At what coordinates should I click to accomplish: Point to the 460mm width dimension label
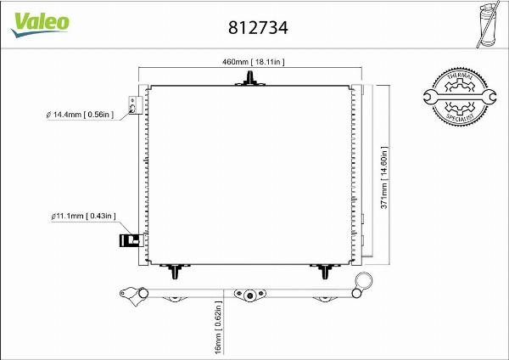(252, 61)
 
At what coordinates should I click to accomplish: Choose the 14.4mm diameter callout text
(81, 113)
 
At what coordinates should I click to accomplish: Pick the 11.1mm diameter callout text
(83, 218)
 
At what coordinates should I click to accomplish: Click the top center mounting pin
(251, 79)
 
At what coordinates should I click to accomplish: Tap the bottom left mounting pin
(175, 271)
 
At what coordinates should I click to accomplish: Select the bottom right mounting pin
(326, 271)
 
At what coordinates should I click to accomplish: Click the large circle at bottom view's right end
(364, 281)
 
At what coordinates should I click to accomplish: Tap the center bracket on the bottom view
(249, 295)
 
